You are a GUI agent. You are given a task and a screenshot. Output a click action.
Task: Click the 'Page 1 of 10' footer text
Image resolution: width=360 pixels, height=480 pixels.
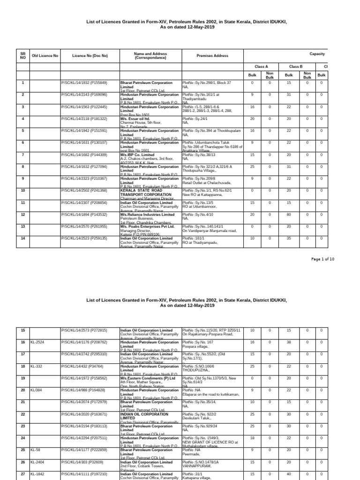[323, 259]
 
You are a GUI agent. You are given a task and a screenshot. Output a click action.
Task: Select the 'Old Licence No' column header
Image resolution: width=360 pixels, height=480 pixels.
[45, 56]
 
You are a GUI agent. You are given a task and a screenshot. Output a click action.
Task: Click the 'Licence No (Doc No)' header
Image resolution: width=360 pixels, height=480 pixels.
[90, 56]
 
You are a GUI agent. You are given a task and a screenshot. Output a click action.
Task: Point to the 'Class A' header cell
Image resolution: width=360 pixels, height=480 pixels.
[261, 67]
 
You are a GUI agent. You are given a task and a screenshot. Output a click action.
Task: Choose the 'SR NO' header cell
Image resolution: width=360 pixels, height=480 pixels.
[22, 56]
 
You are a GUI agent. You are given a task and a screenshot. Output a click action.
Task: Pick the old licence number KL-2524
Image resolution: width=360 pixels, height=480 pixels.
[38, 343]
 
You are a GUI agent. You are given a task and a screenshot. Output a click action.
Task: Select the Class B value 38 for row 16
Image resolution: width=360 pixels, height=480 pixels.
[289, 343]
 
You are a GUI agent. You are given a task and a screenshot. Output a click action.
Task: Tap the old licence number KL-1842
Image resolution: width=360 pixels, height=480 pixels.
[38, 474]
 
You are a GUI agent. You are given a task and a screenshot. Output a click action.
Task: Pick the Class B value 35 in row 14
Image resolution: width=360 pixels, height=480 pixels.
[289, 239]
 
